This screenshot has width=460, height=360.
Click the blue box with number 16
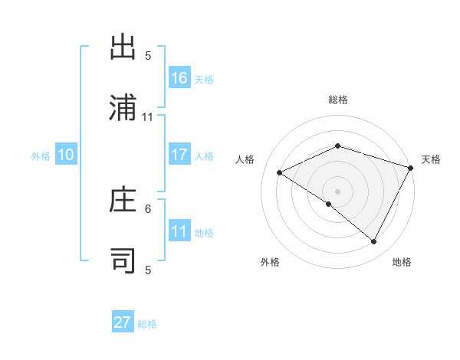[179, 77]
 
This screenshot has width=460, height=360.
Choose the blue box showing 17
[179, 154]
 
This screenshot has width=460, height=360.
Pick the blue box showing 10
[66, 155]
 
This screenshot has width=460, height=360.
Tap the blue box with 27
[123, 322]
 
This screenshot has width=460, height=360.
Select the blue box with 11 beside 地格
[179, 231]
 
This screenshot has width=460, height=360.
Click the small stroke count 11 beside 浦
[148, 117]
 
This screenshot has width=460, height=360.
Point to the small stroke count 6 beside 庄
[148, 208]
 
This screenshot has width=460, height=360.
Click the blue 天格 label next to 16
[204, 79]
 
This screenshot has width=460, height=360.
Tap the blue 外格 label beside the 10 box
[41, 155]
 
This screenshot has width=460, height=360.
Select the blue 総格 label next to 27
[147, 324]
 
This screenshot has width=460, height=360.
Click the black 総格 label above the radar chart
[337, 100]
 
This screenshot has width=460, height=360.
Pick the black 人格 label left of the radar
[245, 159]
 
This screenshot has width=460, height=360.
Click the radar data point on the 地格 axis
[374, 242]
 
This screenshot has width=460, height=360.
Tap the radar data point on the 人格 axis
[280, 173]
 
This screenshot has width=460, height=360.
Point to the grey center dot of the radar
[337, 191]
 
